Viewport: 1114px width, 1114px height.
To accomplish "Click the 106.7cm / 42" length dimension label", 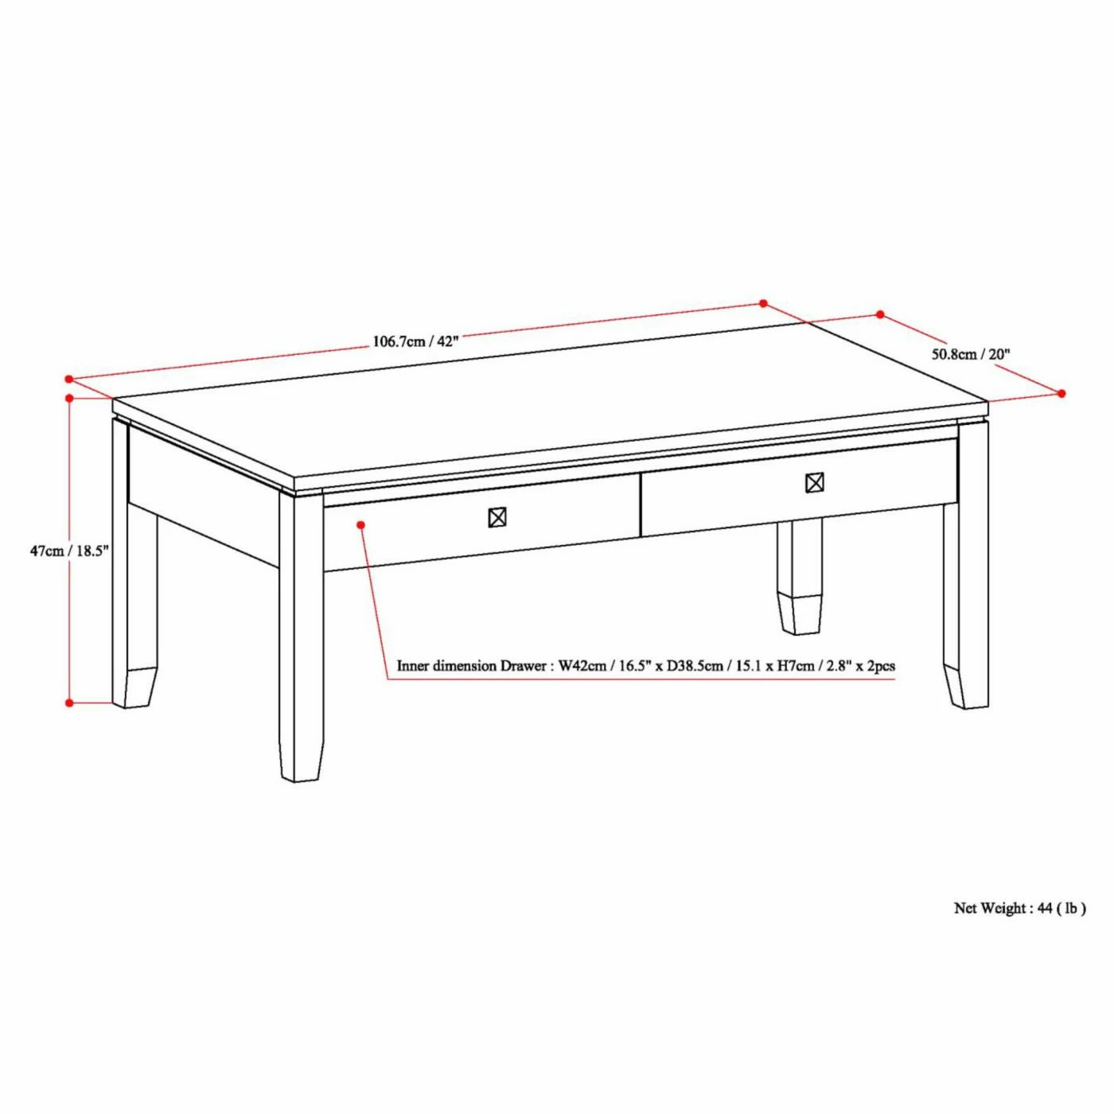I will click(x=415, y=341).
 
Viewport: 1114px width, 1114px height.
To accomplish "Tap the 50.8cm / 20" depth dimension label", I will click(x=971, y=354).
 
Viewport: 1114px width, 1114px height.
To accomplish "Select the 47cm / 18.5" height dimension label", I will click(x=69, y=551).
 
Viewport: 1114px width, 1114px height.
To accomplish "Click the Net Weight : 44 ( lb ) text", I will click(x=1019, y=908).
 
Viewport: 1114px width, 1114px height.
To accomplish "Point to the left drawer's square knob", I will click(x=497, y=518).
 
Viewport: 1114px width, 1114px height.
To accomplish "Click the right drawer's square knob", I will click(x=814, y=483).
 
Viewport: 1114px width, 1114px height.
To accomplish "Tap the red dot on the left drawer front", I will click(x=361, y=525).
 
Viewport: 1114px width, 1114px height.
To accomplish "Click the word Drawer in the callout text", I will click(x=523, y=666).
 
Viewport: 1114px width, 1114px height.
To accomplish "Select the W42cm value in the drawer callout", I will click(x=582, y=666).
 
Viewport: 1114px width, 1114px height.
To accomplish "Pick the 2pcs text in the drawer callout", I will click(x=880, y=666).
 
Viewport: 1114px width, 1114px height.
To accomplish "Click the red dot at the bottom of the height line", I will click(x=70, y=703).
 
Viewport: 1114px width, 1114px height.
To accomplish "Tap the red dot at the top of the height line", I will click(x=70, y=398).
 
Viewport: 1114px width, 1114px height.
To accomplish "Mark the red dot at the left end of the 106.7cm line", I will click(x=69, y=380).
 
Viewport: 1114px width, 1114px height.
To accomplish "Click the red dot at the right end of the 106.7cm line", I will click(x=763, y=303).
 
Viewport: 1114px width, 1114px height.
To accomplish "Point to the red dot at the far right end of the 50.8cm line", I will click(x=1061, y=393).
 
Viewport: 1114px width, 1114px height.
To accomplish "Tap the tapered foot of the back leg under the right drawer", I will click(x=800, y=613).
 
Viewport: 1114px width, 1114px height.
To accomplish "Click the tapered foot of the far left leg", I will click(x=134, y=688).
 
